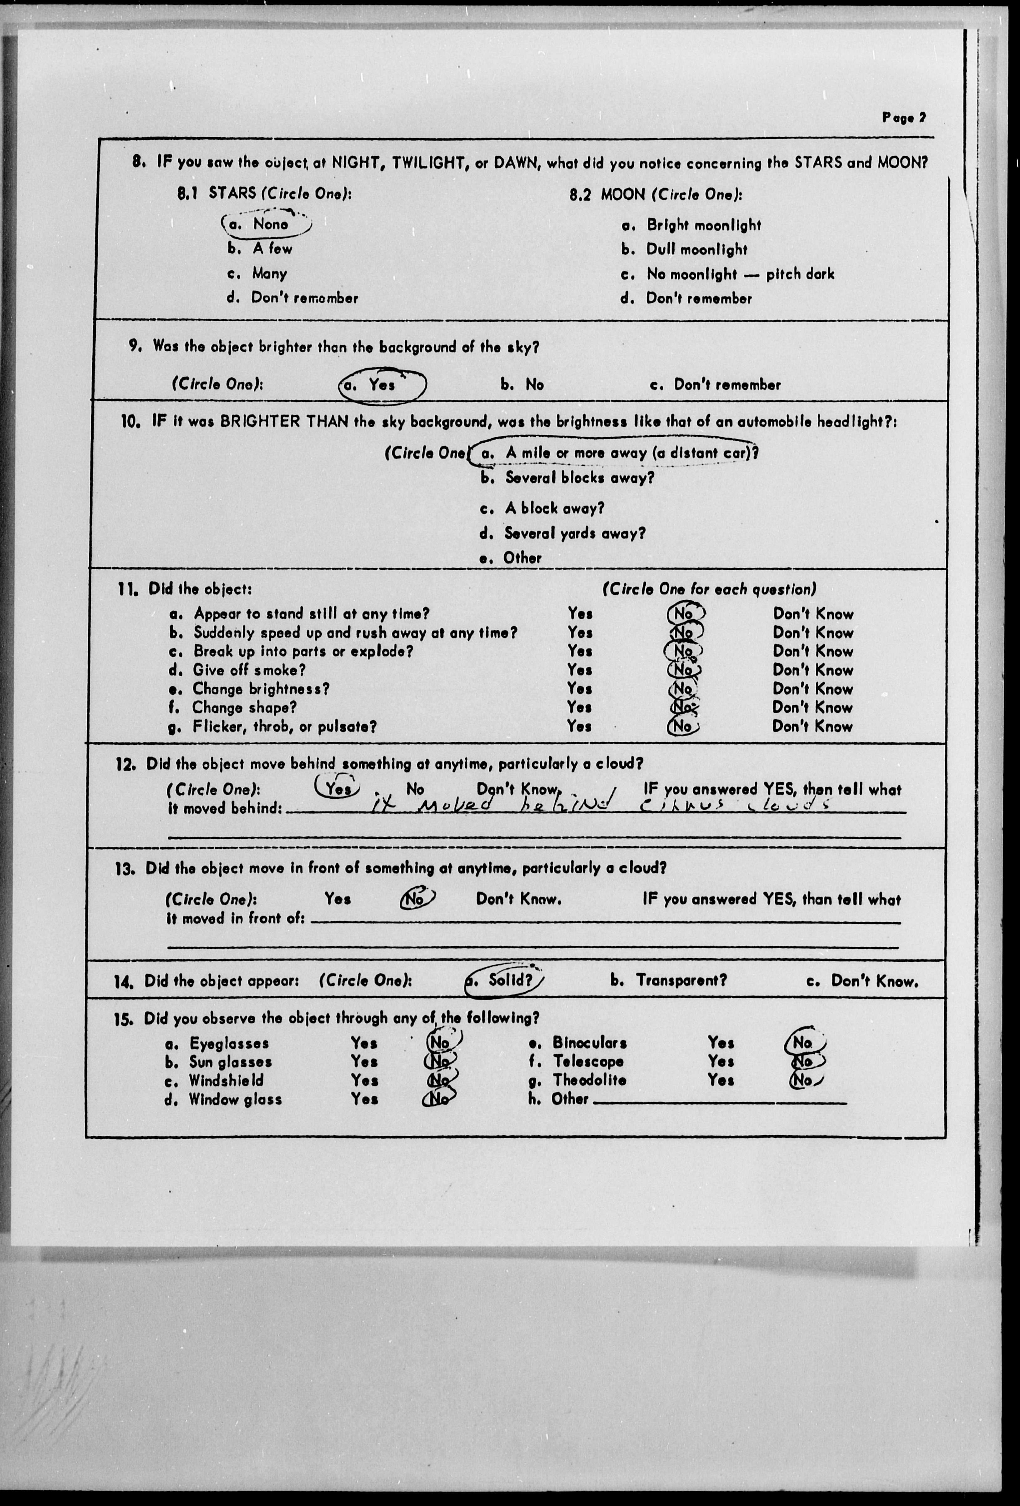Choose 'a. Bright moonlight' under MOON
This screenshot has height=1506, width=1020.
(x=691, y=226)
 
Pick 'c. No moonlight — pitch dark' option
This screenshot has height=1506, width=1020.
(x=727, y=274)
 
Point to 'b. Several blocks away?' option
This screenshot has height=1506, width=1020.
(x=567, y=478)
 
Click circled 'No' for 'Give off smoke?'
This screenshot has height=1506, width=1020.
(x=684, y=670)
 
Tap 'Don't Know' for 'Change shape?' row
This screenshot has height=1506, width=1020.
(x=812, y=708)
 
